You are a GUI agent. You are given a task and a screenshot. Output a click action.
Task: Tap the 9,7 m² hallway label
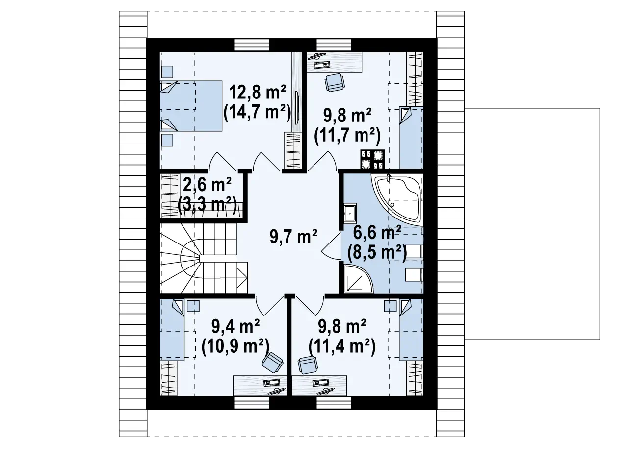click(293, 237)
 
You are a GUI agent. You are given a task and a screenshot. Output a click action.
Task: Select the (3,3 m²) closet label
click(207, 205)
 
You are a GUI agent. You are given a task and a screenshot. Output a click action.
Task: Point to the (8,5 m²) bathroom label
click(376, 253)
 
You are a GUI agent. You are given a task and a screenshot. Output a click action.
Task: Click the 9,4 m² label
click(235, 327)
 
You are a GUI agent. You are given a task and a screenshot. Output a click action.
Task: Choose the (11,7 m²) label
click(347, 136)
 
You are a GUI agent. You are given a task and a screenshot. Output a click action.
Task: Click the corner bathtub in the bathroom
click(397, 199)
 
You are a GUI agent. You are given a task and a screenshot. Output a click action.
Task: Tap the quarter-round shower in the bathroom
click(359, 279)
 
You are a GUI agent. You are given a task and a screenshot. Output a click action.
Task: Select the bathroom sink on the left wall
click(350, 213)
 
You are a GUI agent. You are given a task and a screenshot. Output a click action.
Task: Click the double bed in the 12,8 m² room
click(191, 106)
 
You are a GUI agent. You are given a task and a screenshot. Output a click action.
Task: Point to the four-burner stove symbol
click(372, 159)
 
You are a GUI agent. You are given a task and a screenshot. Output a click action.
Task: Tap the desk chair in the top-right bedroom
click(334, 82)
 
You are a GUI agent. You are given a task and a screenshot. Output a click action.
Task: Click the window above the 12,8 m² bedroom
click(252, 45)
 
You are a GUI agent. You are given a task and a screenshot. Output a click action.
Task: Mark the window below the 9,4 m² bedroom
click(252, 403)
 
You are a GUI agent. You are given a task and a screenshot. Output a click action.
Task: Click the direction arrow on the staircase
click(242, 278)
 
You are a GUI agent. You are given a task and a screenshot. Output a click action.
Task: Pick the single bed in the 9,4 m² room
click(172, 330)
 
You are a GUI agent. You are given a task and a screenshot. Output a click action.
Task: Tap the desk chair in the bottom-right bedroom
click(308, 364)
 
